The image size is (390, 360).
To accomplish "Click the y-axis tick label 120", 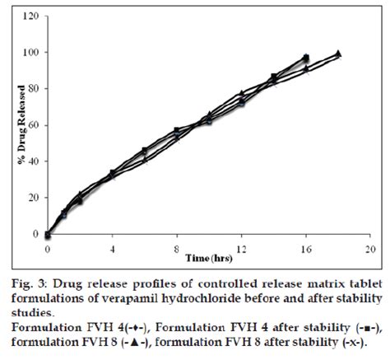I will (28, 16).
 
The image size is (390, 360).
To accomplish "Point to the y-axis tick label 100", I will (28, 52).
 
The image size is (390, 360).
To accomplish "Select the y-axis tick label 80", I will (30, 88).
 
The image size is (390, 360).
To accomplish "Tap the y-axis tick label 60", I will (30, 125).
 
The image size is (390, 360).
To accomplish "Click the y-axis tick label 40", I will (30, 161).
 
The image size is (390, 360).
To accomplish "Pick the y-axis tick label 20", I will (30, 198).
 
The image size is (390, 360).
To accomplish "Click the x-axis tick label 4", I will (112, 247).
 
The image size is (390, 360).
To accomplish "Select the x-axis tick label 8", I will (177, 247).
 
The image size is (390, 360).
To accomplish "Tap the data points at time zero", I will (48, 235).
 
